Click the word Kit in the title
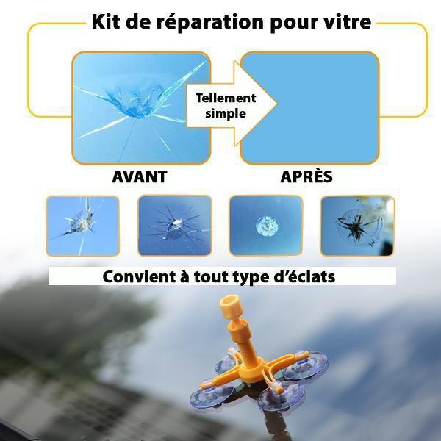pyautogui.click(x=105, y=21)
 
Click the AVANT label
pyautogui.click(x=140, y=176)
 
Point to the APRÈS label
pyautogui.click(x=306, y=176)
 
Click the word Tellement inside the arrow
pyautogui.click(x=226, y=98)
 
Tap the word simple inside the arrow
pyautogui.click(x=226, y=114)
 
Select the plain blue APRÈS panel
pyautogui.click(x=309, y=108)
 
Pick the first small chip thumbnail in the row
pyautogui.click(x=82, y=226)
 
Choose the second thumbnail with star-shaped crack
pyautogui.click(x=175, y=226)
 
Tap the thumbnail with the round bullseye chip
pyautogui.click(x=266, y=226)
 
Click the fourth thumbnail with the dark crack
pyautogui.click(x=357, y=226)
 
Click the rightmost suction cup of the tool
pyautogui.click(x=304, y=365)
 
